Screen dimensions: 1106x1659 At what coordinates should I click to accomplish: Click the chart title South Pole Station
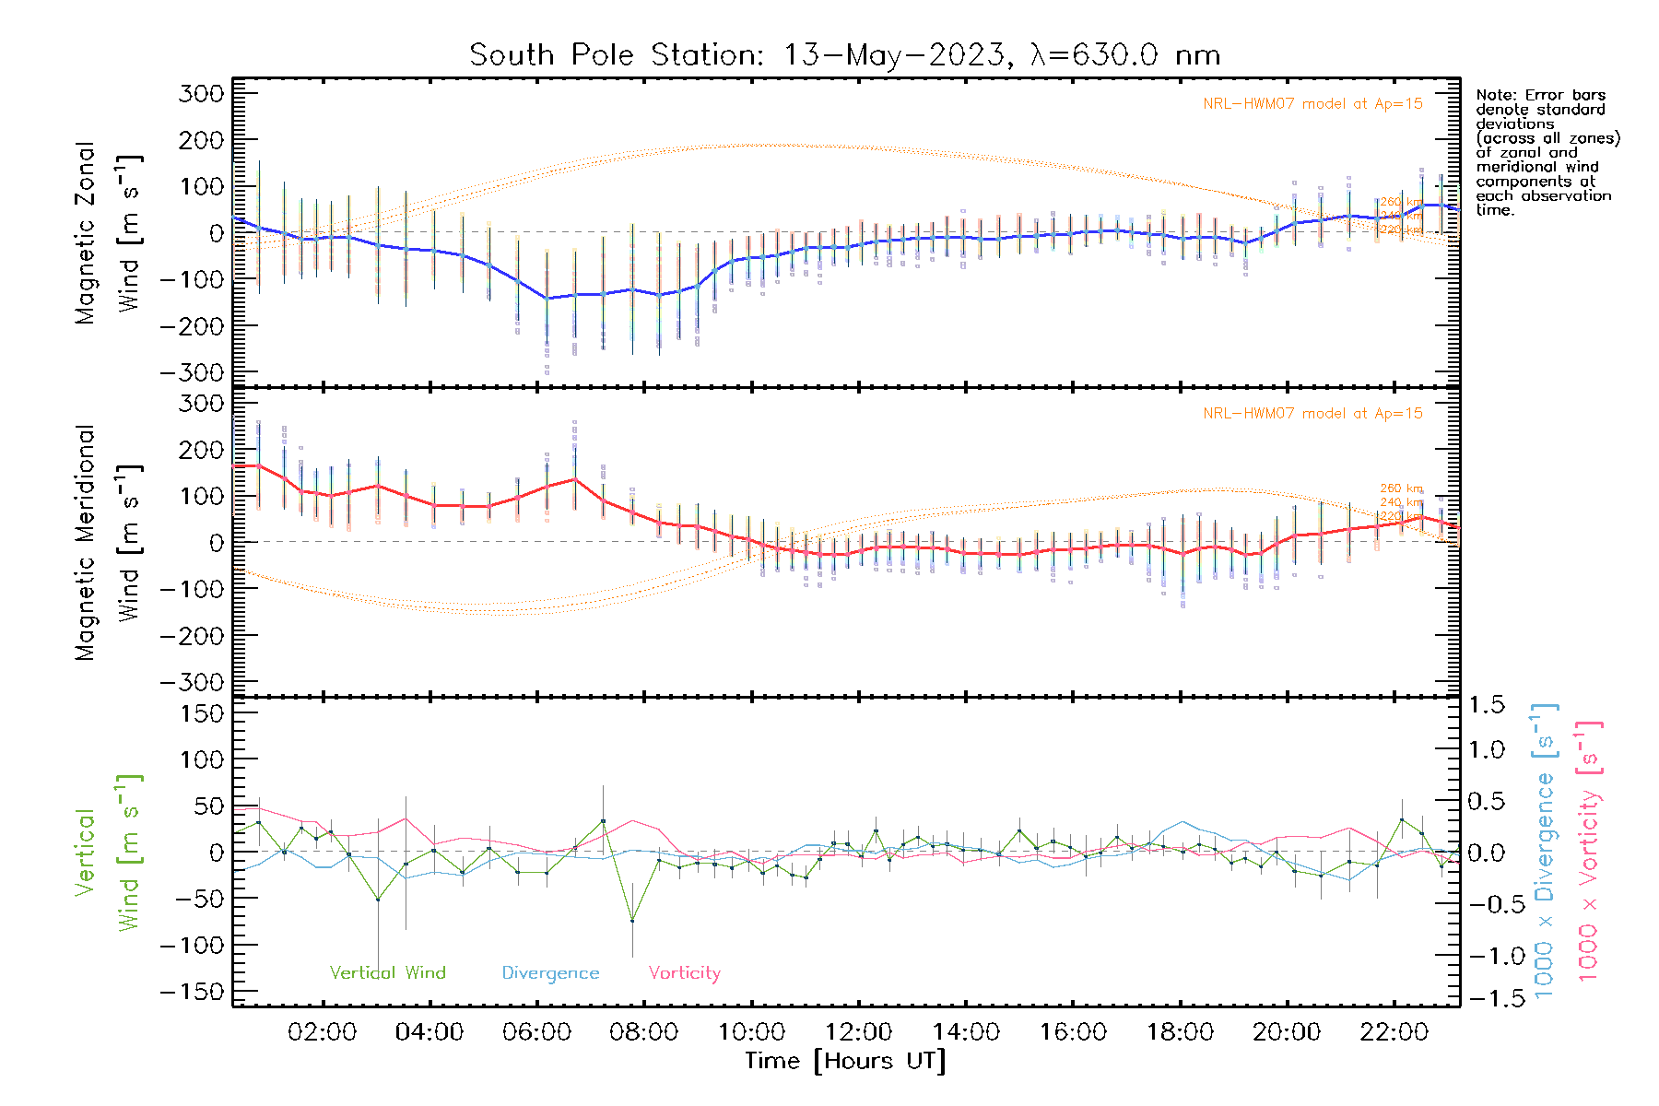(844, 55)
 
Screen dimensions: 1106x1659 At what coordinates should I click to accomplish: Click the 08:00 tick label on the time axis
(643, 1031)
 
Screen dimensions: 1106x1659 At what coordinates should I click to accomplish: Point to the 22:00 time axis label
(1394, 1031)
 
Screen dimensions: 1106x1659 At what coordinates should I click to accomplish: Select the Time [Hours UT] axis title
(844, 1061)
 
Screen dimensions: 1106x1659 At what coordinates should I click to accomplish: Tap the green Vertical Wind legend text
(387, 972)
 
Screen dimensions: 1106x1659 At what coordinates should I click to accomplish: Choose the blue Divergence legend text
(550, 972)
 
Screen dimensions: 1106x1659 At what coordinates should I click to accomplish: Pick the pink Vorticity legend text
(684, 972)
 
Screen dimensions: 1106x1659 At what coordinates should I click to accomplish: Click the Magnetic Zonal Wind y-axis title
(109, 233)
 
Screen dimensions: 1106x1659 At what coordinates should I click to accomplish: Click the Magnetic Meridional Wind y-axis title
(109, 543)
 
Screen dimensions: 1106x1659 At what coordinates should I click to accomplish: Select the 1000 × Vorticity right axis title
(1589, 851)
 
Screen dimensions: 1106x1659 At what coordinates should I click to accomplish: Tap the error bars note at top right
(1547, 152)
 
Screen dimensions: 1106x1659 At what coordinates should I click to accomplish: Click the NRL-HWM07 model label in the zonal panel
(1312, 104)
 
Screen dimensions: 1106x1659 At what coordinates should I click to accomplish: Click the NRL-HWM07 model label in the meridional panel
(1312, 414)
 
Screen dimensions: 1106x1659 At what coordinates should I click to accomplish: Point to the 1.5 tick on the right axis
(1486, 705)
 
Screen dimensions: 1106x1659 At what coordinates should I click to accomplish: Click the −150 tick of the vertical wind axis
(192, 992)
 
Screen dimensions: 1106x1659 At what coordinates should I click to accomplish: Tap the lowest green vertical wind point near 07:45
(632, 921)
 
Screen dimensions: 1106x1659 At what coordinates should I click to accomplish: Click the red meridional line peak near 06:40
(575, 478)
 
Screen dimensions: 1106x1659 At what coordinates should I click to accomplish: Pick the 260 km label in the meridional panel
(1401, 488)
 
